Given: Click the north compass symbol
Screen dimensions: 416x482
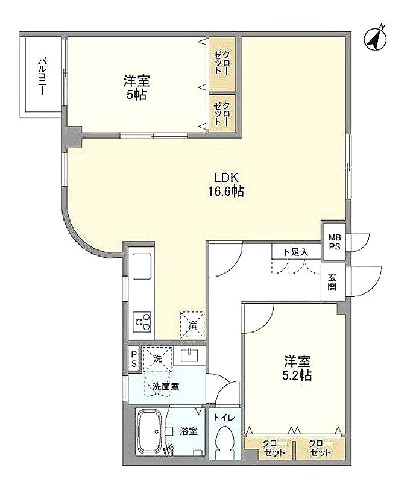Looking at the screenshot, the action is pos(376,39).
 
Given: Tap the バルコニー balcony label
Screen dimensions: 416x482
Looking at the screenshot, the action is pos(42,76).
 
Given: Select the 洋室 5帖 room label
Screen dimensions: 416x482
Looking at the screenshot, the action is pos(137,87).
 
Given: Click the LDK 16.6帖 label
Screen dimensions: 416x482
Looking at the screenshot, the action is pos(226,184).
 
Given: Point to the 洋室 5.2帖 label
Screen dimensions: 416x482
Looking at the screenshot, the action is pos(297,368).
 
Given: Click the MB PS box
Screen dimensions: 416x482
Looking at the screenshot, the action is pos(334,242).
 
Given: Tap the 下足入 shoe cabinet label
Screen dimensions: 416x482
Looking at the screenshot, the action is pos(295,252).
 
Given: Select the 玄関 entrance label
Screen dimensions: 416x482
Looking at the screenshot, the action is pos(332,282).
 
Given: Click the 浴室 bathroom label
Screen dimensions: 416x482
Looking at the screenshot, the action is pos(188,431).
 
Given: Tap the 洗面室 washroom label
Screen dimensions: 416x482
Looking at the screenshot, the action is pos(166,386).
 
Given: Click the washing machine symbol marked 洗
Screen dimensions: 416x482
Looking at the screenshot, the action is pos(157,358).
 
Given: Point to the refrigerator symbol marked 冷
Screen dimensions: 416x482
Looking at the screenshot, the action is pos(192,325).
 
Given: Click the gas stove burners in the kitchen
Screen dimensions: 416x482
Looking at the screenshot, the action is pos(143,322).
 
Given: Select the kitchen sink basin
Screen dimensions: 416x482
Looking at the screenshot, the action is pos(142,266).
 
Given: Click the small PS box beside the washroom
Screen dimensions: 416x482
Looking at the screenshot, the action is pos(134,358).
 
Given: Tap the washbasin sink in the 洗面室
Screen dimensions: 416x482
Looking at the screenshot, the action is pos(189,355).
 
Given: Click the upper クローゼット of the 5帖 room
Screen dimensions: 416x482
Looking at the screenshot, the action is pos(222,64).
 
